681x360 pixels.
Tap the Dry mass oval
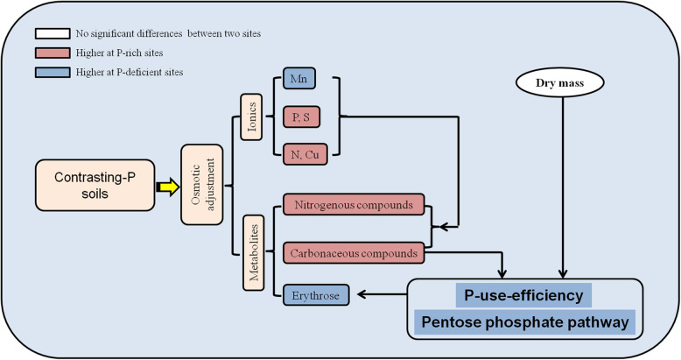tap(561, 85)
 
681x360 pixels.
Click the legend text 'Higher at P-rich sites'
tap(118, 53)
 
